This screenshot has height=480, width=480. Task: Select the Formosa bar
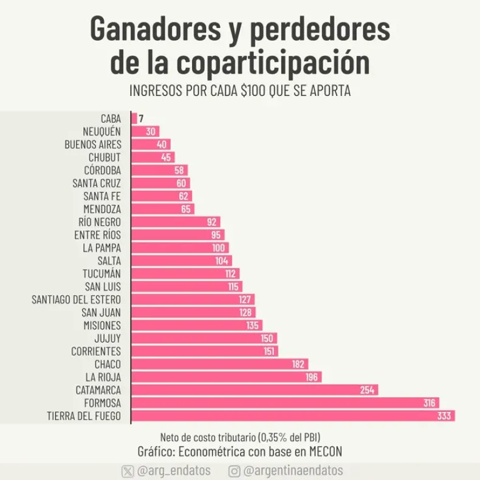click(x=285, y=403)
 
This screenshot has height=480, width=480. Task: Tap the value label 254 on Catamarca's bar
click(x=367, y=390)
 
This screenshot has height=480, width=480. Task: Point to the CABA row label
click(x=111, y=119)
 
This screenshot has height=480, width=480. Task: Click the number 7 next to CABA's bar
click(x=141, y=119)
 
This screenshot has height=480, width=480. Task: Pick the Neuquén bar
click(x=145, y=132)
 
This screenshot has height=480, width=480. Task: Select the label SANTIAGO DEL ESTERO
click(x=77, y=300)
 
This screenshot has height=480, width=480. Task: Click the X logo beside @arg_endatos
click(x=128, y=471)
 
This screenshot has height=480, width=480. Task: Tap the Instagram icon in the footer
click(x=234, y=471)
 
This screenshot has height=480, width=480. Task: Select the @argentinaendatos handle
click(x=293, y=471)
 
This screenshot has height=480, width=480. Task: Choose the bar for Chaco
click(x=219, y=364)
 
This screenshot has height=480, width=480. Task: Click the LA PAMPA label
click(x=102, y=248)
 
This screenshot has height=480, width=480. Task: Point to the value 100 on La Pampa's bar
click(x=219, y=248)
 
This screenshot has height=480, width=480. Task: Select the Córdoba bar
click(x=159, y=171)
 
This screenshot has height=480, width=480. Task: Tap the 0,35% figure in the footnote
click(x=271, y=437)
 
